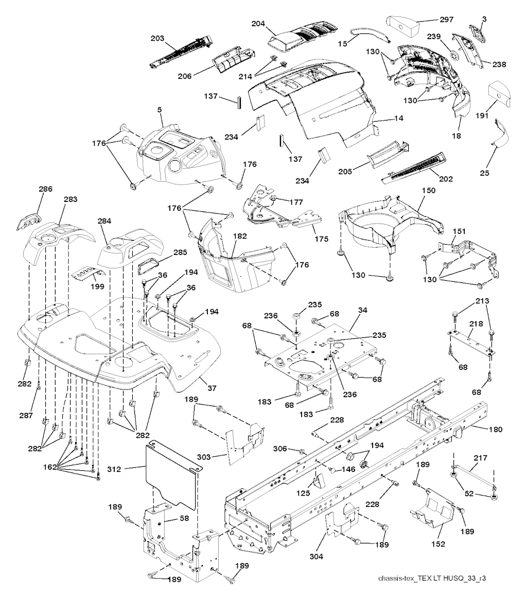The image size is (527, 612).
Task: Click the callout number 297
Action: [x=447, y=19]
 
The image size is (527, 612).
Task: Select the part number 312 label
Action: [x=114, y=469]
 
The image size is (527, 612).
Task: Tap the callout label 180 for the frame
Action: [x=496, y=429]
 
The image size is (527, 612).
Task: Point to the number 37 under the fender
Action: [x=212, y=388]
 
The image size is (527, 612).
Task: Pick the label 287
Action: [x=26, y=415]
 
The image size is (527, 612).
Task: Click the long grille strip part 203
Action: [x=182, y=52]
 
